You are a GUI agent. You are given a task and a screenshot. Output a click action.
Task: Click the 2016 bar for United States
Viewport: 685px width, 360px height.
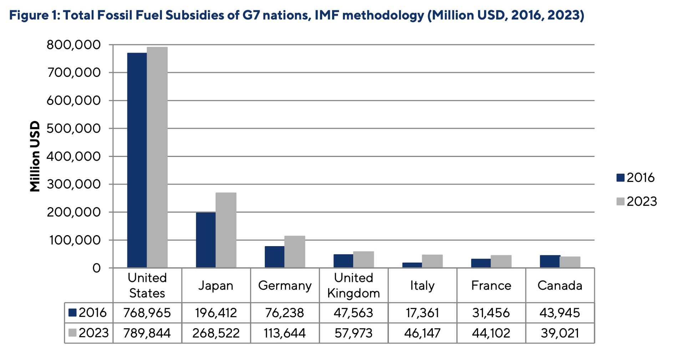[x=137, y=161]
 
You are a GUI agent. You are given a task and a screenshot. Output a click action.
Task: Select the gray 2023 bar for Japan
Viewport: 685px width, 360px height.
[x=226, y=230]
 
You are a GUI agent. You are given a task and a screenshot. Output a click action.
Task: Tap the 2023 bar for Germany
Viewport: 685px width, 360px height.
[x=295, y=252]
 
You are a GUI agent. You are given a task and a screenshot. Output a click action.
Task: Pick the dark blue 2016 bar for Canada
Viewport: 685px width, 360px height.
[x=550, y=261]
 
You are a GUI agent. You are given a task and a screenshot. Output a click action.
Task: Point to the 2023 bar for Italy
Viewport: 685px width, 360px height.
[x=432, y=261]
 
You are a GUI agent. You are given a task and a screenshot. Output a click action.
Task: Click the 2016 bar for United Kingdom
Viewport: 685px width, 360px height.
[x=343, y=261]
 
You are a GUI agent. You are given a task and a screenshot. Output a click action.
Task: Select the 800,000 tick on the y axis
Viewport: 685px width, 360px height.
[x=74, y=45]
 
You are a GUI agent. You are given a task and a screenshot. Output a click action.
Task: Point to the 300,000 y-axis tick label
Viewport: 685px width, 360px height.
[x=74, y=184]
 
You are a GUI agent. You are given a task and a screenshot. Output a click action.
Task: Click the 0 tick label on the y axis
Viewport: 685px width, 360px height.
[x=97, y=268]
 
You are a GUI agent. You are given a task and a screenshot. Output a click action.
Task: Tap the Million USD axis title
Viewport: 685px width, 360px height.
[x=35, y=156]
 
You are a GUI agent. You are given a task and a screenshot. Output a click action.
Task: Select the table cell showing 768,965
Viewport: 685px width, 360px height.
[x=147, y=313]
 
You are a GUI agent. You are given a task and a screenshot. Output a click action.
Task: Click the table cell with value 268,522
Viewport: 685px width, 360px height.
[x=216, y=333]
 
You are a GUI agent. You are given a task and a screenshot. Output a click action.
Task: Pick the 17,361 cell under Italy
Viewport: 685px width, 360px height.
[x=422, y=313]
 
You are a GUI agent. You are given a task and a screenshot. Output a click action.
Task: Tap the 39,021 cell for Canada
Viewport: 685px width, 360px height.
[x=560, y=333]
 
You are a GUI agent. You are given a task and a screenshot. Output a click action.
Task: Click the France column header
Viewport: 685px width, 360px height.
[x=491, y=285]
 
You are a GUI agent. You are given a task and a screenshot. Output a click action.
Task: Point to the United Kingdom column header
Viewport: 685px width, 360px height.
[x=354, y=285]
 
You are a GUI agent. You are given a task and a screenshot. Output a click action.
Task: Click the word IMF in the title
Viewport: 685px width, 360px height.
[x=326, y=15]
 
